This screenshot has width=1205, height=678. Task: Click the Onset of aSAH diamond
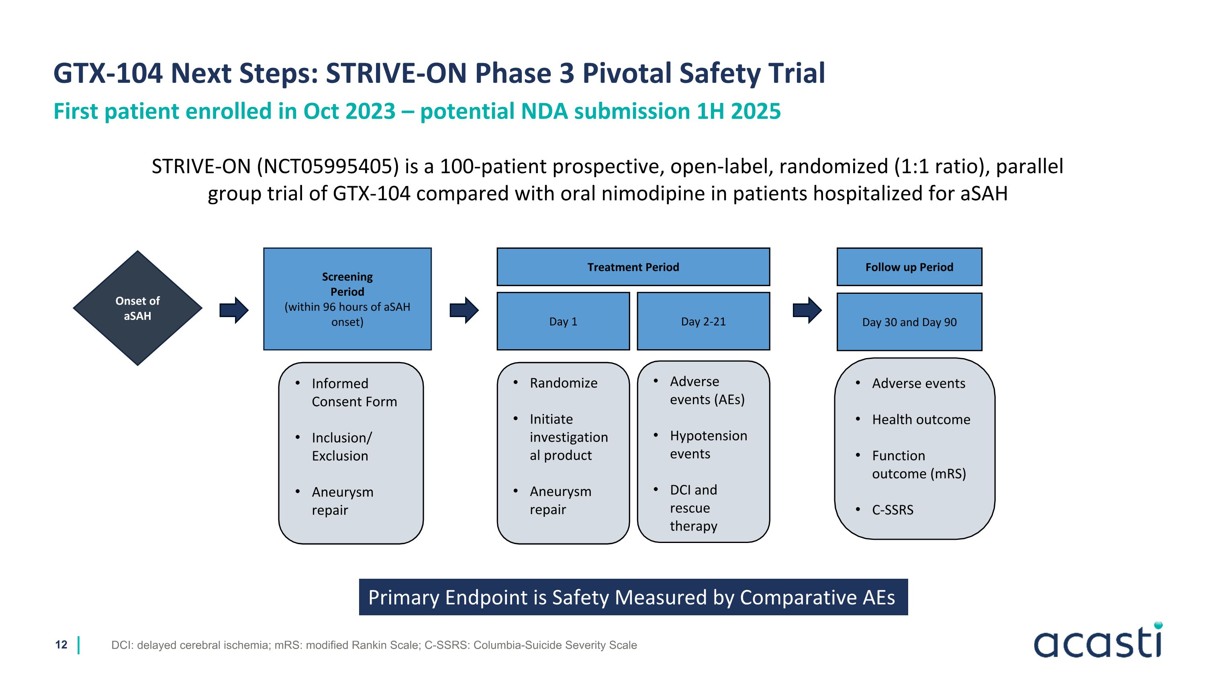(137, 308)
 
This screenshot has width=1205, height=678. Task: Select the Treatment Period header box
(633, 267)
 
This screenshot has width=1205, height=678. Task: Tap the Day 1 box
(563, 322)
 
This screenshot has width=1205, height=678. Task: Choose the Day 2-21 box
(703, 322)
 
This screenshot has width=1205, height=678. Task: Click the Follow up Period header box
(909, 267)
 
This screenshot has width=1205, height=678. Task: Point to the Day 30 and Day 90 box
(909, 322)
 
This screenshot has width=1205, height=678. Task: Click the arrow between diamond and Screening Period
(234, 310)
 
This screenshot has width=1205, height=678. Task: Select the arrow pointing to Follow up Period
(807, 310)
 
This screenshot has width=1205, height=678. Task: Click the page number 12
(61, 645)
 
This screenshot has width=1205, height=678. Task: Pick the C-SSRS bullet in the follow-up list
(892, 510)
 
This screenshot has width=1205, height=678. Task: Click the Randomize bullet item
(563, 383)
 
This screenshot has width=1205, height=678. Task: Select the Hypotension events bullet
(708, 444)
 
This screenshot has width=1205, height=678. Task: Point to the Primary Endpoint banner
(633, 597)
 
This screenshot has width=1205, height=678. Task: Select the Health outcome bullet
(921, 419)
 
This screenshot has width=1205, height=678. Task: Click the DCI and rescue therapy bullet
(693, 508)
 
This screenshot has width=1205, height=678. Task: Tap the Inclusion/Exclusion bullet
(341, 447)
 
